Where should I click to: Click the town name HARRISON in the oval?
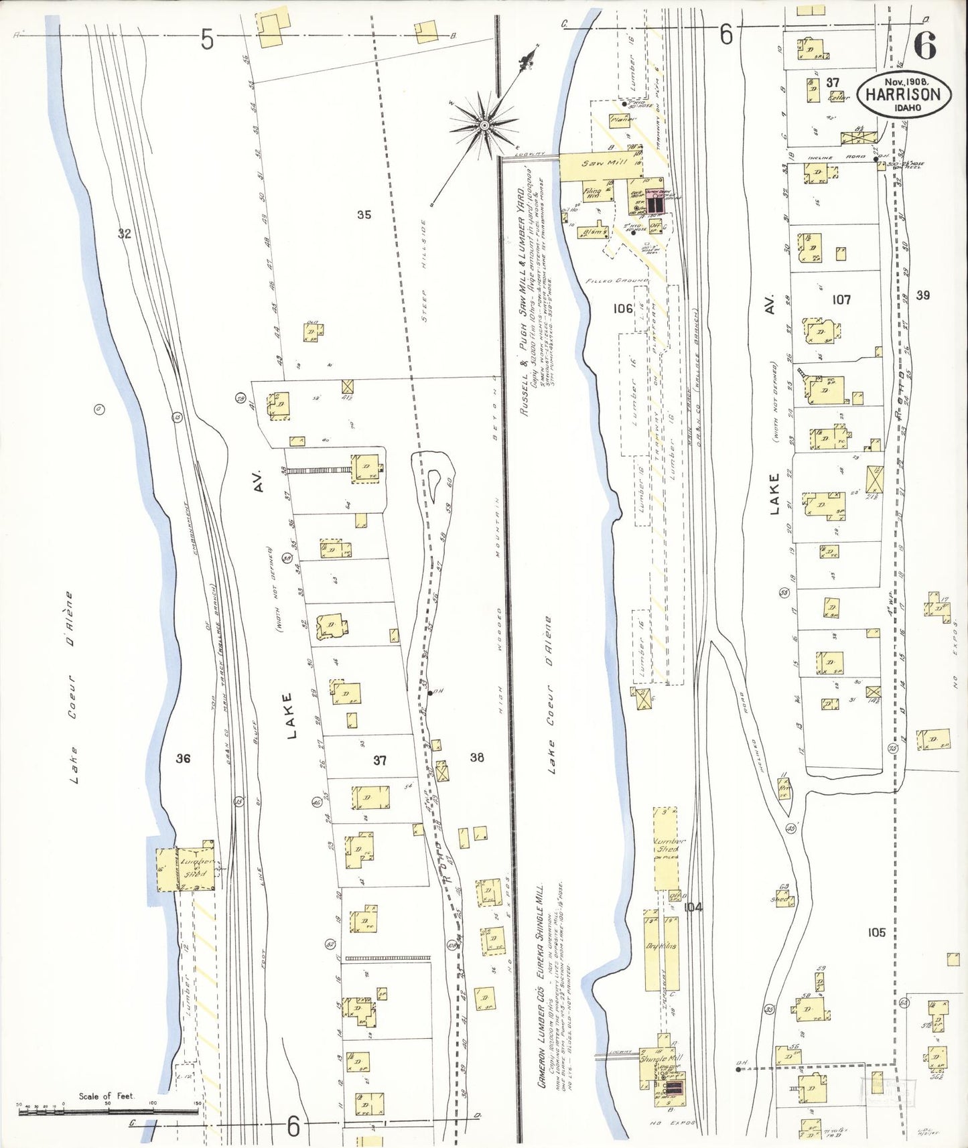[x=903, y=94]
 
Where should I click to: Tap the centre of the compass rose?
[x=484, y=125]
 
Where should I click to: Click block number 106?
[x=623, y=308]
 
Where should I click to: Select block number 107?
[x=841, y=299]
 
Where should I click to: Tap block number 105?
[x=876, y=932]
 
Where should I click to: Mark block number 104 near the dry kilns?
[x=693, y=907]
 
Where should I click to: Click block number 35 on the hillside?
[x=364, y=215]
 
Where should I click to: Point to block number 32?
[x=124, y=233]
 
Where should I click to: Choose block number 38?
[x=476, y=758]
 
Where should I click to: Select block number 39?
[x=923, y=295]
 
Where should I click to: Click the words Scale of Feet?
[x=106, y=1096]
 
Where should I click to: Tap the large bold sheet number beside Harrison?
[x=925, y=45]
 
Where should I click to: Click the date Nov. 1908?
[x=905, y=81]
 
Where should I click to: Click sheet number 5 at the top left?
[x=207, y=40]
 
